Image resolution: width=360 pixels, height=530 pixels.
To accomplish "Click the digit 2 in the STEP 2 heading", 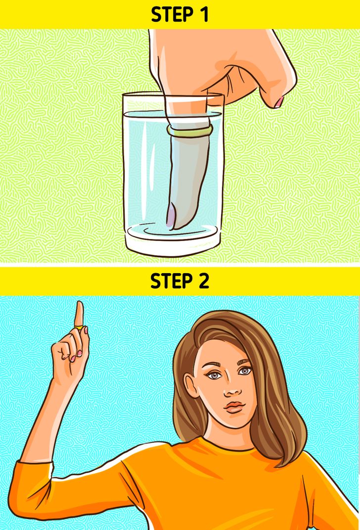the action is point(203,281).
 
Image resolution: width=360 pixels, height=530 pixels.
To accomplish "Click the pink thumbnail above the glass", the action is point(279,102).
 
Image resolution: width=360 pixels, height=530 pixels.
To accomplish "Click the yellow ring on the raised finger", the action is point(78,327).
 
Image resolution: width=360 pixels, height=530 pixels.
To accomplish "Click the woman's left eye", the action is point(244,371).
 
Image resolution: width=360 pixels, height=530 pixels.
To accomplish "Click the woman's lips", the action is point(235,407).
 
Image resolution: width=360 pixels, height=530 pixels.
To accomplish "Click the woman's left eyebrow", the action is point(244,361).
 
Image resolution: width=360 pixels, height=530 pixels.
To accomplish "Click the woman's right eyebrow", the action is point(212,365).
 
